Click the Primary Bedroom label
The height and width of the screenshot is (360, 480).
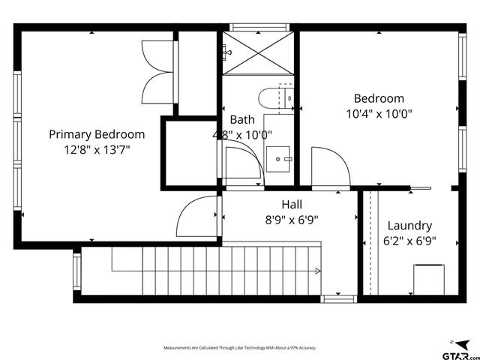click(x=97, y=134)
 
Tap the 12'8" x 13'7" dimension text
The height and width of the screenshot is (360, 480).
click(x=97, y=149)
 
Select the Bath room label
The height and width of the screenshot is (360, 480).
click(x=242, y=119)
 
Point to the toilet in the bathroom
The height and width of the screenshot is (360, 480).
click(x=269, y=98)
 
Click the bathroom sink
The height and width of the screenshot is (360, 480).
click(x=280, y=159)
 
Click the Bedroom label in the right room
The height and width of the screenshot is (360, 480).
click(x=379, y=98)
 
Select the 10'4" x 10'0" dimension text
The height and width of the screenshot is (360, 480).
click(x=379, y=114)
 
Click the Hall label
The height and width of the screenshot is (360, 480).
click(x=292, y=204)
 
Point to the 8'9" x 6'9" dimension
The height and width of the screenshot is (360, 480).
click(x=292, y=220)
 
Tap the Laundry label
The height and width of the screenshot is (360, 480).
click(x=409, y=226)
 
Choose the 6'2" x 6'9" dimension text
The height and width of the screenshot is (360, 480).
click(x=409, y=241)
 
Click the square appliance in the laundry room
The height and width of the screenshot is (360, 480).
click(x=430, y=280)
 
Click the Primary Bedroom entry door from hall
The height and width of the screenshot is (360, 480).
click(x=196, y=217)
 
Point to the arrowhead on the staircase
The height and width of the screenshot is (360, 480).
click(x=318, y=271)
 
